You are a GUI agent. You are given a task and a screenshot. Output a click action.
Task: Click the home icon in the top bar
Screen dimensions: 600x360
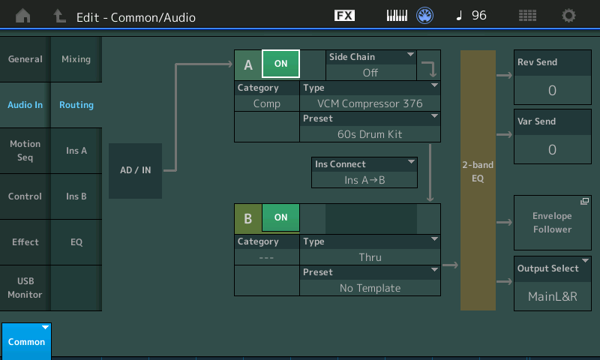[23, 16]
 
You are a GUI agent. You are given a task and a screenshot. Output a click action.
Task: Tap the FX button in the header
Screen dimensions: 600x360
[344, 16]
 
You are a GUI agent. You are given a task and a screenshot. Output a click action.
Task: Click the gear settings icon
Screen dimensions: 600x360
[568, 16]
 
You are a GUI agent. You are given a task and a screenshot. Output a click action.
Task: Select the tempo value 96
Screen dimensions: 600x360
[479, 15]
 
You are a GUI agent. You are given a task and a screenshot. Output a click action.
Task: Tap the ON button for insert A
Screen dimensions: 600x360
[280, 64]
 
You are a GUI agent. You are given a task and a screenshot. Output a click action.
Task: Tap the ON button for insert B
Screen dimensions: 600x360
[280, 217]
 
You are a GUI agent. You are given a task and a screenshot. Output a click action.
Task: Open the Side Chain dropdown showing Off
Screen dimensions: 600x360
[371, 65]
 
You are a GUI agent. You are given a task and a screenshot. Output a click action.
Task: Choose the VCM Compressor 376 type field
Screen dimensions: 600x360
[370, 96]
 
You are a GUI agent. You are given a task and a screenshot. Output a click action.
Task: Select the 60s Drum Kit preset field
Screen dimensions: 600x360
[370, 127]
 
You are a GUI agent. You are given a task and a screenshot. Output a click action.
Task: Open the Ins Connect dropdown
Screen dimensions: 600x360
[364, 172]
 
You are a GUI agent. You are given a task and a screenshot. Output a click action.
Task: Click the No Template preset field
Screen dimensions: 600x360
[370, 280]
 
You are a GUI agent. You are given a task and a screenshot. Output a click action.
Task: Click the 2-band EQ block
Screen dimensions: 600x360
[478, 180]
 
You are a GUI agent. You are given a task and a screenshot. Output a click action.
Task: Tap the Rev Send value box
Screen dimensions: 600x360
[553, 77]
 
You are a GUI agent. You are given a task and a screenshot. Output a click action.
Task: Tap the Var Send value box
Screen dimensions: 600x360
[553, 136]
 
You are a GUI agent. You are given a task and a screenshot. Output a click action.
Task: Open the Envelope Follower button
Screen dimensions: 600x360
[553, 223]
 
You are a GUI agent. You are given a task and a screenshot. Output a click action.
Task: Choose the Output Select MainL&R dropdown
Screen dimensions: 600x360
[553, 283]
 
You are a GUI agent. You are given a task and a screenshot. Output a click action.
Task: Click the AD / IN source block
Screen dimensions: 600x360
[136, 171]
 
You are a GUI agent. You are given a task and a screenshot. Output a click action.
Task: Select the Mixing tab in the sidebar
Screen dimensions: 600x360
[76, 59]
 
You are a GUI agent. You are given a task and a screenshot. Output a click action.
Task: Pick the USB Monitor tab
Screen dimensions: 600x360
[25, 288]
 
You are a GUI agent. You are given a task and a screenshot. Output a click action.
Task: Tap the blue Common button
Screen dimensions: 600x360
[26, 341]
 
